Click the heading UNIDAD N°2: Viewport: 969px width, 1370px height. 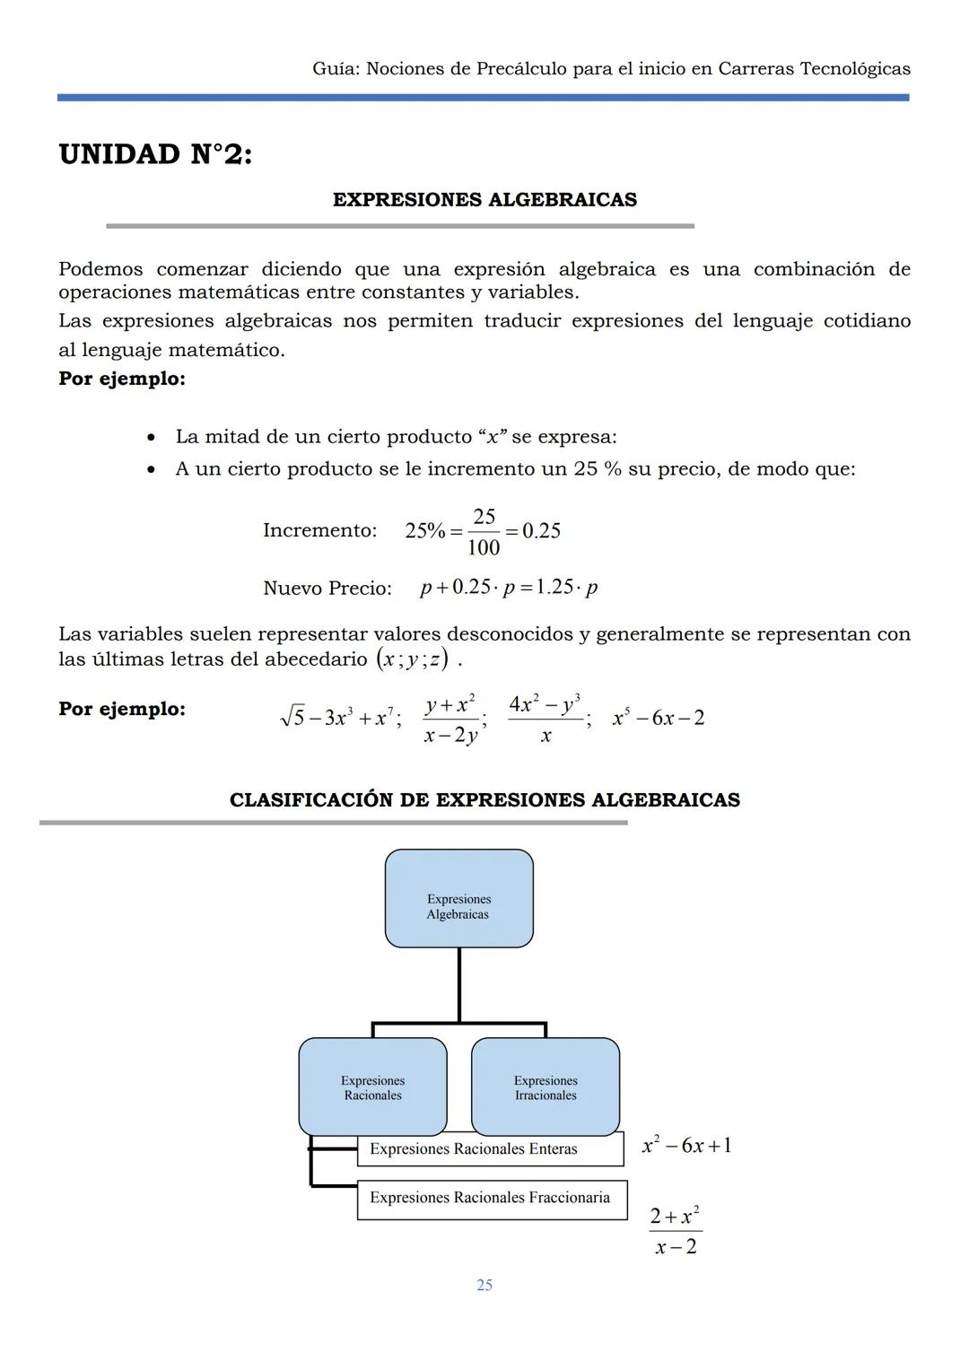(155, 154)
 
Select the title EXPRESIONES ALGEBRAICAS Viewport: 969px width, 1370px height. (484, 200)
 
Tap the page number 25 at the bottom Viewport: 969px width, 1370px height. (484, 1285)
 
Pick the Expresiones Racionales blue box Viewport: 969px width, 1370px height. (372, 1086)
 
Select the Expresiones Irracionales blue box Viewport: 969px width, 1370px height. (546, 1086)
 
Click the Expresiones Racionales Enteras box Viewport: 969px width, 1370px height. (489, 1149)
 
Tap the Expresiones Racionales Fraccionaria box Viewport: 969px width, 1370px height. (491, 1199)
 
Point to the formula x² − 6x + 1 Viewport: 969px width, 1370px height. (686, 1146)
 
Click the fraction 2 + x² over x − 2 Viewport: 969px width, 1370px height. (675, 1231)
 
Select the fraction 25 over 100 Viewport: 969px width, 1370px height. (484, 532)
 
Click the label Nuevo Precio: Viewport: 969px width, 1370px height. (327, 589)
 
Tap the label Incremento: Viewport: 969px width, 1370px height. (319, 530)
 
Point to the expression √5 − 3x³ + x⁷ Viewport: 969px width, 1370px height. (339, 718)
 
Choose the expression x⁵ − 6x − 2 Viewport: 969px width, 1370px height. (658, 718)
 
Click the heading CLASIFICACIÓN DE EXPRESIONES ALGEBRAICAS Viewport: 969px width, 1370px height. (484, 800)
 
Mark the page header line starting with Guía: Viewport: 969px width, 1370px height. (611, 69)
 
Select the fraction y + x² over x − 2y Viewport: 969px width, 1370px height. (451, 720)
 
